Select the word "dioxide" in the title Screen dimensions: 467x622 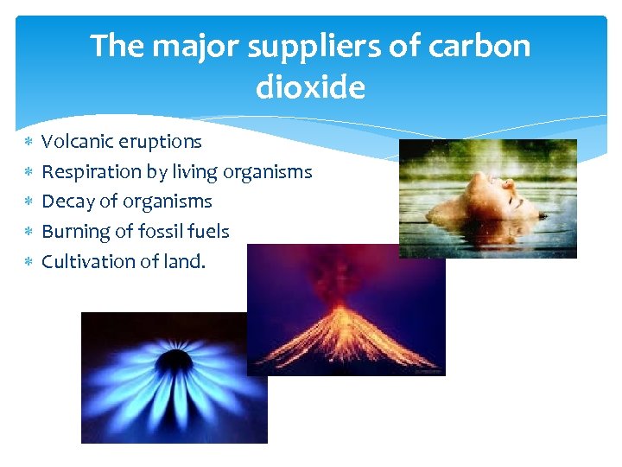pyautogui.click(x=310, y=87)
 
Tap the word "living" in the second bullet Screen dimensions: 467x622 pyautogui.click(x=194, y=172)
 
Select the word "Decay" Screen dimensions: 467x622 pyautogui.click(x=66, y=202)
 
